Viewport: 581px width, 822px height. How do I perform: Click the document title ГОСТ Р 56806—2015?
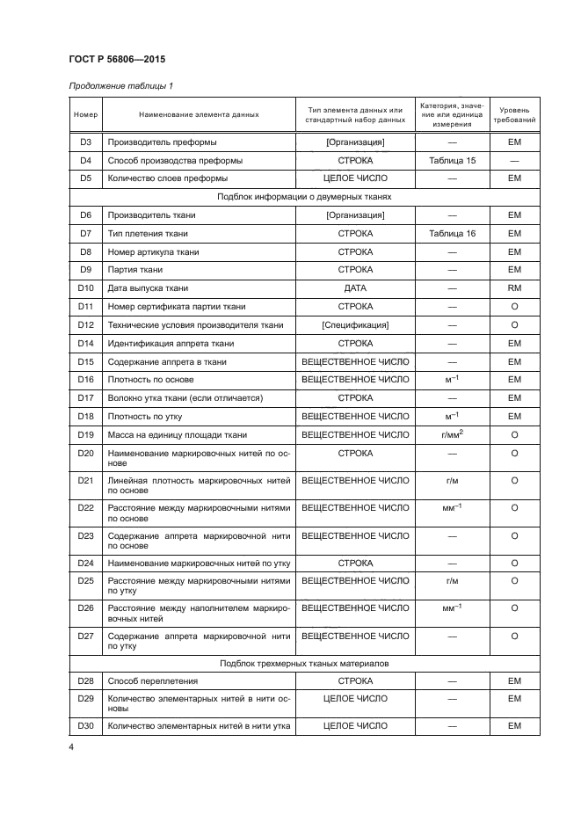118,59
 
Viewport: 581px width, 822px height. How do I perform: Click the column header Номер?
85,114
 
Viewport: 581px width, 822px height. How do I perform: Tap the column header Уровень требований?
514,114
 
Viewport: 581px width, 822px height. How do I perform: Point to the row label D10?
85,288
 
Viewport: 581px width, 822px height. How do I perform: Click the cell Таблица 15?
453,161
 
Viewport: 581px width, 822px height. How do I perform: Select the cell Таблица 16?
453,234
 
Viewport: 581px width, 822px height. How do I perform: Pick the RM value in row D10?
514,288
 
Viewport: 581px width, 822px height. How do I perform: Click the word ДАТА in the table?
355,288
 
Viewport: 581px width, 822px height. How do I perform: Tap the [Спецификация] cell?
355,325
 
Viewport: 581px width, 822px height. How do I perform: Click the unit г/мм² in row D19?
453,434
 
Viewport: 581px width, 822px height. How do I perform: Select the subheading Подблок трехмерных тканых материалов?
304,664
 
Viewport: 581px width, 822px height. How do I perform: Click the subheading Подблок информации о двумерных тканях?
304,197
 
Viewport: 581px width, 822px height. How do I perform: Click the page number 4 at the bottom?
72,747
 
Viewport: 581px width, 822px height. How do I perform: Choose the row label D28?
85,681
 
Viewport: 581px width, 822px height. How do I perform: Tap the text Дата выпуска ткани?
148,288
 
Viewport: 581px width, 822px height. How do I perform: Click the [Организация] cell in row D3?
355,142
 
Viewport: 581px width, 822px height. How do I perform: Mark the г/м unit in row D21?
453,481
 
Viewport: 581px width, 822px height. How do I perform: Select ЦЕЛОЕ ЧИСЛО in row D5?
355,178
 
